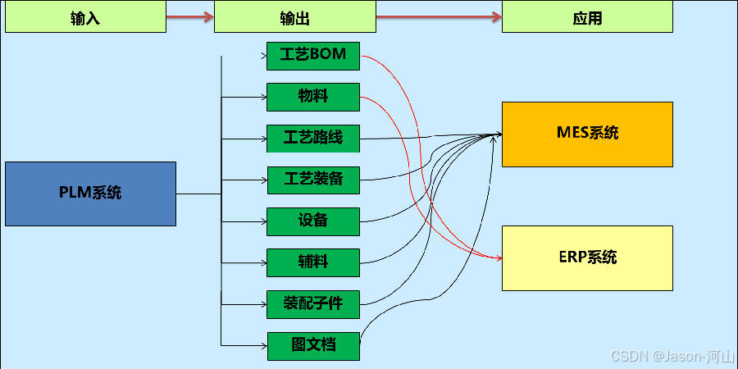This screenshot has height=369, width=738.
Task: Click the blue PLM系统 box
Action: (90, 194)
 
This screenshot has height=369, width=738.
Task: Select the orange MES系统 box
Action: (587, 134)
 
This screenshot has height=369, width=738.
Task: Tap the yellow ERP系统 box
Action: (587, 257)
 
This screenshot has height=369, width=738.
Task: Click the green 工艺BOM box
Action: (313, 55)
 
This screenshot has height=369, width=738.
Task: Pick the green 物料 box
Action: (313, 97)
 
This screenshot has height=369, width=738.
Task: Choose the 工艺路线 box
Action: (313, 138)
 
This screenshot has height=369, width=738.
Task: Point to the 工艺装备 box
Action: (313, 180)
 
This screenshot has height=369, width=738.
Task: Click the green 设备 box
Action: (313, 221)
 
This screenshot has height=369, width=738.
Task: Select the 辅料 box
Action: (313, 262)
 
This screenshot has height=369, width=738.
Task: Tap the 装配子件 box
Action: (313, 304)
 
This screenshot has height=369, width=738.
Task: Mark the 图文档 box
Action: (313, 345)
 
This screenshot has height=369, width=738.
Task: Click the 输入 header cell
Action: (85, 17)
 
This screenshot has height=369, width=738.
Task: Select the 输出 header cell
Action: (295, 17)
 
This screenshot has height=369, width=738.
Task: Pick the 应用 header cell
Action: (587, 17)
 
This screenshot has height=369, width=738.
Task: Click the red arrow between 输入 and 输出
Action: (190, 16)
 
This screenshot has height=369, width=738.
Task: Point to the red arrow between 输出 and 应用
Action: (439, 16)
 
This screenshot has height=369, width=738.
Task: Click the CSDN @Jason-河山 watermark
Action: (672, 357)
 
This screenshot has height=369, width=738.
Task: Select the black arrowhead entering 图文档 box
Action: (263, 345)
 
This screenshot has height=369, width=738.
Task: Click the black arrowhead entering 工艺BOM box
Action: (262, 56)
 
